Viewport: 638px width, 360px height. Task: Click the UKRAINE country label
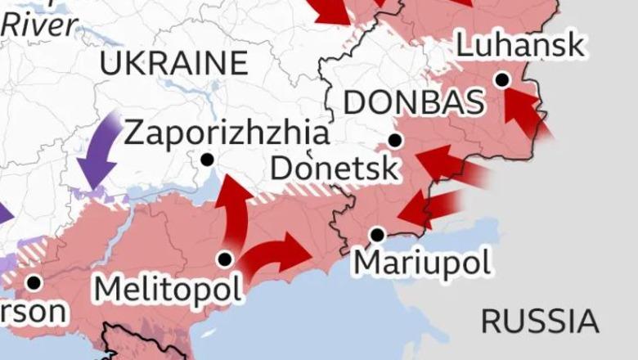173,63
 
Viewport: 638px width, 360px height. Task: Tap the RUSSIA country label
539,321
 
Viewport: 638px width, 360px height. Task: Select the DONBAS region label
413,103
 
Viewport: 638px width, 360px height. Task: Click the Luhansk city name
520,45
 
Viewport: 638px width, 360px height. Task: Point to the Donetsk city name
335,169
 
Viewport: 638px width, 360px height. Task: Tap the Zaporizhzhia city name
227,133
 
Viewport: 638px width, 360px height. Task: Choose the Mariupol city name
423,263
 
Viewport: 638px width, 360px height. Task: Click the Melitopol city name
168,288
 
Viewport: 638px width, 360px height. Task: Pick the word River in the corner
40,24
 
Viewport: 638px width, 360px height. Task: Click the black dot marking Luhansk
502,79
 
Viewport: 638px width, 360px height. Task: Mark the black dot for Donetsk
395,141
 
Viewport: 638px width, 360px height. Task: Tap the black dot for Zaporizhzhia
207,159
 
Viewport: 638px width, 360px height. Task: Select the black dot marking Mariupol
377,235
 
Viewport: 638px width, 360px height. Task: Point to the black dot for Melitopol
225,259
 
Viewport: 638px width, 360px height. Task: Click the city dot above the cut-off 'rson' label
34,282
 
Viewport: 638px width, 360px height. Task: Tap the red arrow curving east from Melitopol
278,251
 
